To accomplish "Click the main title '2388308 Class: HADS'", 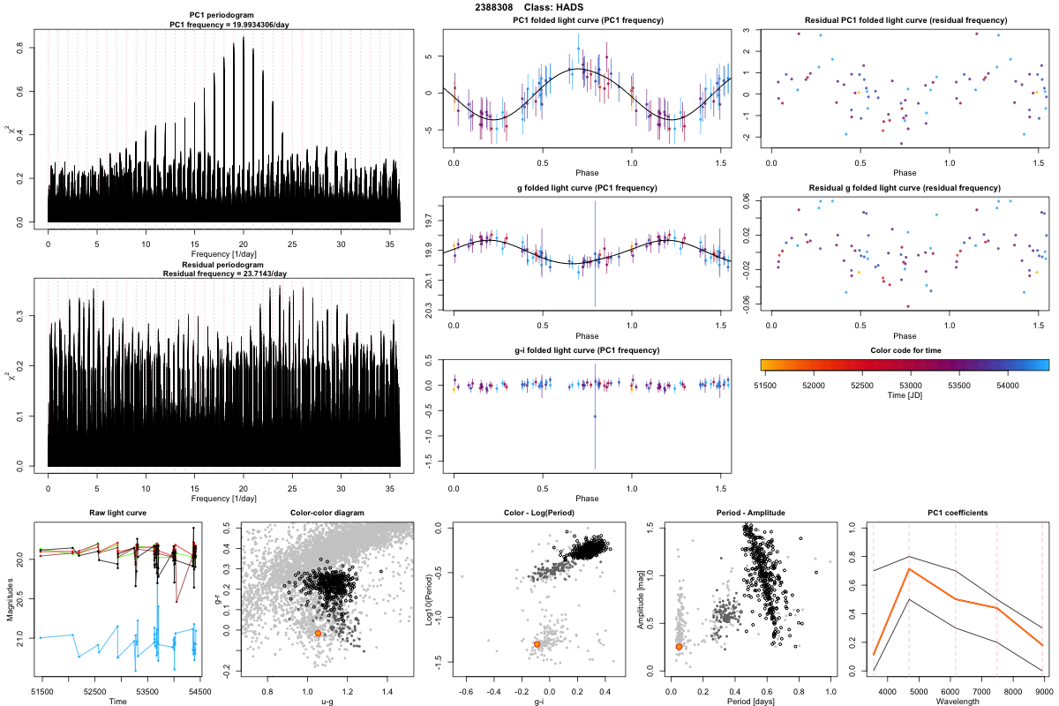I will coord(529,7).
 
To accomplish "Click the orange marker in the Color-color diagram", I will coord(318,634).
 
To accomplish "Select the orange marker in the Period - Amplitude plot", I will coord(679,647).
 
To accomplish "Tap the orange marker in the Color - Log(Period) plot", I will coord(537,644).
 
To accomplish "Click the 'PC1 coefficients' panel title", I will coord(958,513).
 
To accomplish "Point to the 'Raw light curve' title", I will coord(117,513).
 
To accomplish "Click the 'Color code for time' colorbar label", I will coord(904,350).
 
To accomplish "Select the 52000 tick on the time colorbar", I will coord(813,386).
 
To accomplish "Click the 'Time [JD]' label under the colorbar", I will coord(904,396).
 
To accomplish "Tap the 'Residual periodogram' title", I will coord(224,265).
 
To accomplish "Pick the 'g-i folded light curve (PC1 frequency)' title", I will coord(587,350).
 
